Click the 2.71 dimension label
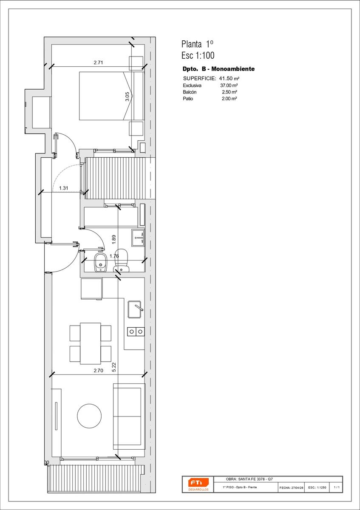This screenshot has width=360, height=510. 98,62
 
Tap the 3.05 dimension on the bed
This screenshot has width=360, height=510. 127,96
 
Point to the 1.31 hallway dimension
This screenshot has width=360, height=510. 63,188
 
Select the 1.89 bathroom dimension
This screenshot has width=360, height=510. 114,239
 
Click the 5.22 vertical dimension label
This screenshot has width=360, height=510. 114,367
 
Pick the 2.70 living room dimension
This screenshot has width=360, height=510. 98,371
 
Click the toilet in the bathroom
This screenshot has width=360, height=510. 122,260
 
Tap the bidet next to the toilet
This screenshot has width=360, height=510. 100,262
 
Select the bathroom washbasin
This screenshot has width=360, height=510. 138,238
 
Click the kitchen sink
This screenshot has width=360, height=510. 134,309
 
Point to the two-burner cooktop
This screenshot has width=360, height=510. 136,331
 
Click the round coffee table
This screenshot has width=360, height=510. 89,416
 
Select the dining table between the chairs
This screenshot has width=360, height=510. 91,343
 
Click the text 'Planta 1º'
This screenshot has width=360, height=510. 197,44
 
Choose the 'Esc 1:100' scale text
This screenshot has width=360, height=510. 198,55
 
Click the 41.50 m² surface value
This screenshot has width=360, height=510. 229,79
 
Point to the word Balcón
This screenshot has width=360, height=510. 190,92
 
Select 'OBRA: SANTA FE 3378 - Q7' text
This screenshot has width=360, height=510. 249,479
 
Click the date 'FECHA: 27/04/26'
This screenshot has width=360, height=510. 291,488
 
